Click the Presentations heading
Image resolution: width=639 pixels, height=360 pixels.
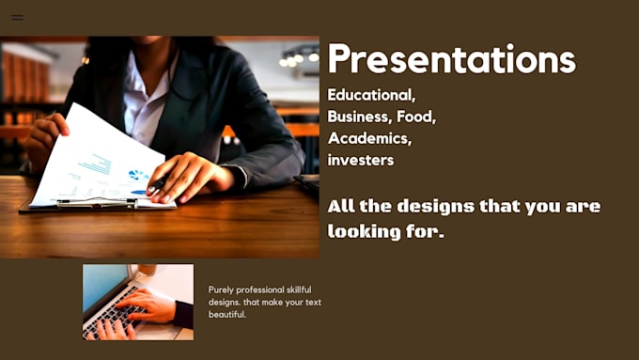[x=452, y=59]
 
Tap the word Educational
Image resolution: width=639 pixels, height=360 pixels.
[x=371, y=95]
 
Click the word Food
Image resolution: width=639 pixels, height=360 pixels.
[x=416, y=117]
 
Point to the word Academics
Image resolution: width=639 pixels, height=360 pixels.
[x=369, y=138]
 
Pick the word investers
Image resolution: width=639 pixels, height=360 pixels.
[x=361, y=160]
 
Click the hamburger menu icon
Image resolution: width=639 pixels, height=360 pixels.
[x=17, y=18]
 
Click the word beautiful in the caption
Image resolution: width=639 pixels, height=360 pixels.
[x=227, y=314]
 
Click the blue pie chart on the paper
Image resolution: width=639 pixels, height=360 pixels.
[x=137, y=176]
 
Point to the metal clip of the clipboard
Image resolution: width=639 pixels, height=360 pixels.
[x=97, y=203]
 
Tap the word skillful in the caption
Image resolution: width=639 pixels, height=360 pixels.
[x=299, y=290]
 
